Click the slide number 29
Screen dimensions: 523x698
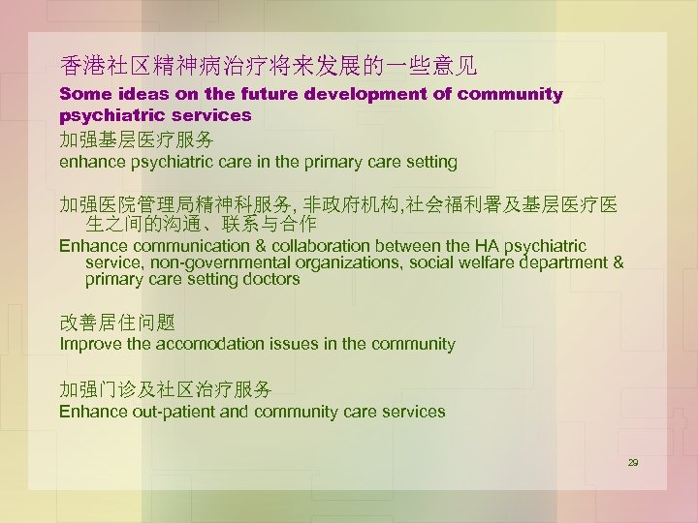pyautogui.click(x=633, y=463)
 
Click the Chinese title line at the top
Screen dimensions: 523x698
pyautogui.click(x=268, y=66)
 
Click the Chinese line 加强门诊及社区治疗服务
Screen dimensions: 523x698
pyautogui.click(x=166, y=389)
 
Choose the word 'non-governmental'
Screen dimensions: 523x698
pyautogui.click(x=214, y=263)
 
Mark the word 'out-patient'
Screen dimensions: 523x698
pyautogui.click(x=174, y=412)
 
